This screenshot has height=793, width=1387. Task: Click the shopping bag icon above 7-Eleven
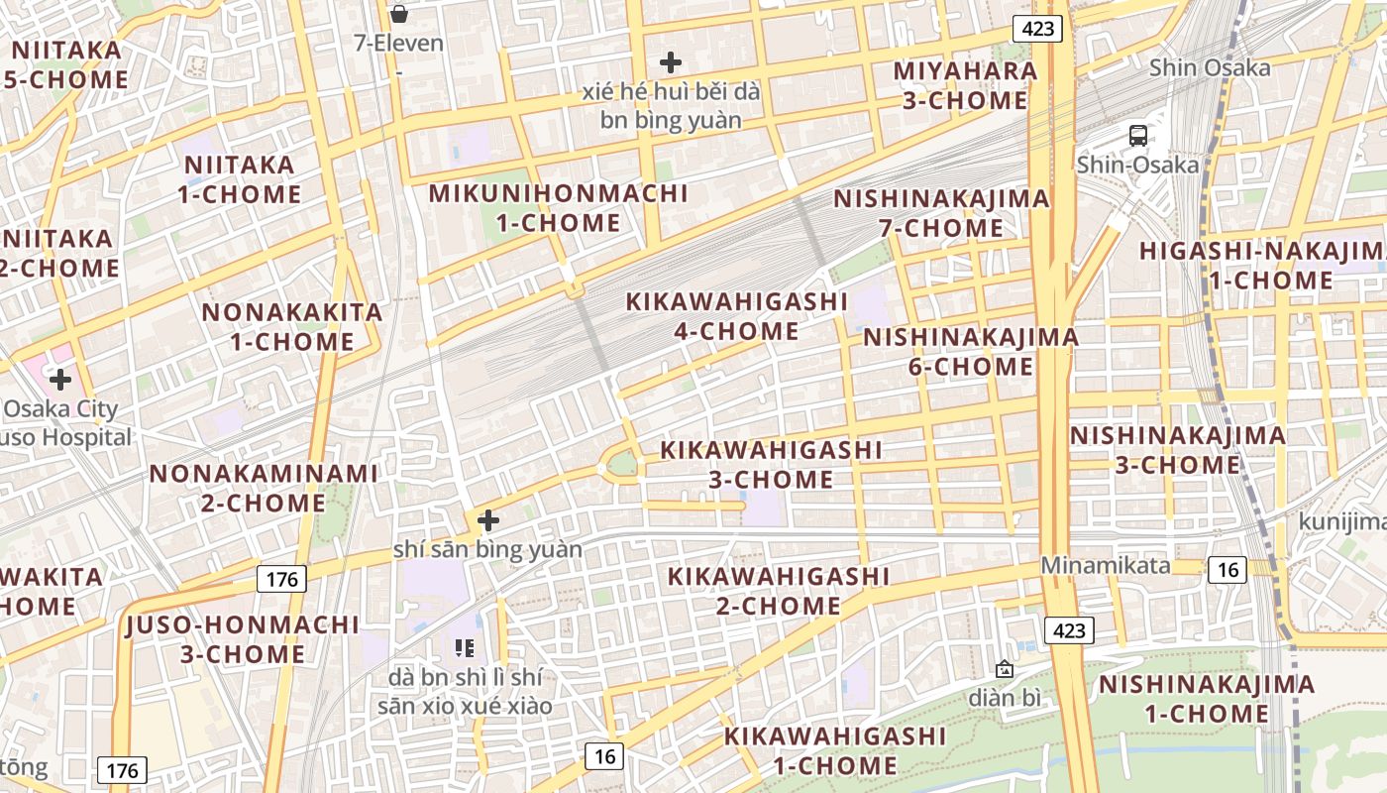[398, 14]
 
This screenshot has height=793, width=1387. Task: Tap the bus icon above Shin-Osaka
[1138, 136]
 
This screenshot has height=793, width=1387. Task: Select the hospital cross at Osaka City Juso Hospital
[60, 379]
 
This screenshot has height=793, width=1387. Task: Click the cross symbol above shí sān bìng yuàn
[487, 519]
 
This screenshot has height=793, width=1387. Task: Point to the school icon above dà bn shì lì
[465, 648]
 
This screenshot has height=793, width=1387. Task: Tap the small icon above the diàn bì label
[1005, 669]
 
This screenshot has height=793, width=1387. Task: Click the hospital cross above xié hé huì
[671, 62]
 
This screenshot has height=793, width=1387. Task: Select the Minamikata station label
[1105, 566]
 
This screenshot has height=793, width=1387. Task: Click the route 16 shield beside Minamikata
[1227, 569]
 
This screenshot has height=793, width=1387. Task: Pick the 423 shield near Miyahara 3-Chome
[1037, 29]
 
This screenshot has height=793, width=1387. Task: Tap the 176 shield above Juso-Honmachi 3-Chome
[282, 579]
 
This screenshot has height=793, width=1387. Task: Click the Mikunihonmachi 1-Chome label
[558, 208]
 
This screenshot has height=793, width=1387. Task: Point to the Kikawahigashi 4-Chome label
[737, 316]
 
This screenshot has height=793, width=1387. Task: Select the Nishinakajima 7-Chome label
[941, 213]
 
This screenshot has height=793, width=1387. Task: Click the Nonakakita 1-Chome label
[292, 327]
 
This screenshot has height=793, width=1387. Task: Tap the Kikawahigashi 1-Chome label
[835, 750]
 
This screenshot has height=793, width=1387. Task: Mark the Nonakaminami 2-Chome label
[264, 488]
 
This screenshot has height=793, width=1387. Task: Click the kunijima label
[1342, 521]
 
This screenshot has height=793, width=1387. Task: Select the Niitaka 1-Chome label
[240, 179]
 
